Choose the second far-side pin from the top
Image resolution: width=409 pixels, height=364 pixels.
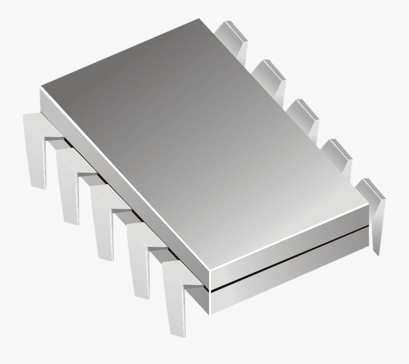(x=270, y=75)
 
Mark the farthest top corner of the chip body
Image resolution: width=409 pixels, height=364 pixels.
(x=199, y=19)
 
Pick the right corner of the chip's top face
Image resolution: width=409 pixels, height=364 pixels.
(x=368, y=202)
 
